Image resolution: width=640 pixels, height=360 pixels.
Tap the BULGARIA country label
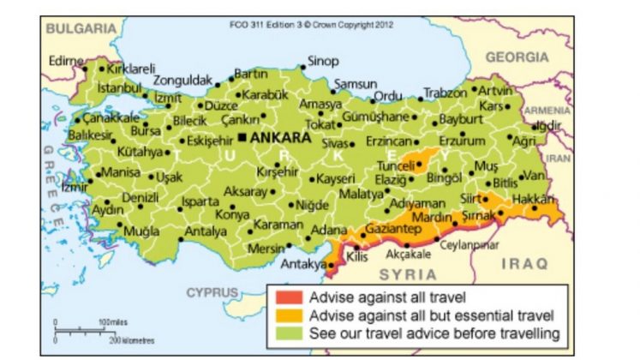pos(81,28)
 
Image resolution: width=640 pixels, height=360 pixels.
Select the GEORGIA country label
pos(517,57)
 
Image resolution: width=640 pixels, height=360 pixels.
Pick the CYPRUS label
pos(212,291)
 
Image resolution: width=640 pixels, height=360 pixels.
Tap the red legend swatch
pos(284,298)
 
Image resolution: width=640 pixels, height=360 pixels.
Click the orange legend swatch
pos(284,315)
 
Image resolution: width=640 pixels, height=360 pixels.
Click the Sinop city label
pos(323,61)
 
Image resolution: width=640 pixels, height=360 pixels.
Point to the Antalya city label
pos(206,231)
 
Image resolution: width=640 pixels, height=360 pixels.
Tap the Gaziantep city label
pos(392,230)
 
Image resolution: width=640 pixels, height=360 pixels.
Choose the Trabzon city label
pos(446,93)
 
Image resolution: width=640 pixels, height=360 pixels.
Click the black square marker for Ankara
pos(242,137)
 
